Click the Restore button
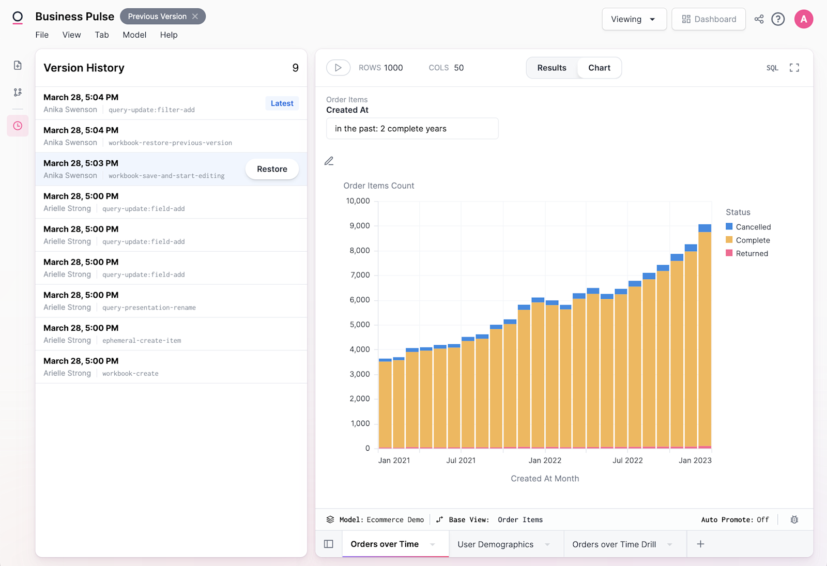click(272, 169)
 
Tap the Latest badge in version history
click(282, 103)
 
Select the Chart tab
click(599, 68)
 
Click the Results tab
click(552, 68)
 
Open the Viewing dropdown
click(634, 19)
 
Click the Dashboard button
click(709, 19)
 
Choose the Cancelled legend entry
click(753, 227)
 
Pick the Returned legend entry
click(752, 253)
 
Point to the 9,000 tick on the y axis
click(360, 226)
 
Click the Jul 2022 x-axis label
click(627, 461)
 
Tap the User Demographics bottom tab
click(495, 544)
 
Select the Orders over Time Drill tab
click(614, 544)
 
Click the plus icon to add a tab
click(700, 544)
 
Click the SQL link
click(772, 68)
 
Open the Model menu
click(134, 35)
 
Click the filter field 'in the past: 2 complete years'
click(412, 129)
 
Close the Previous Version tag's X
click(195, 17)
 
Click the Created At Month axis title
click(545, 479)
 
